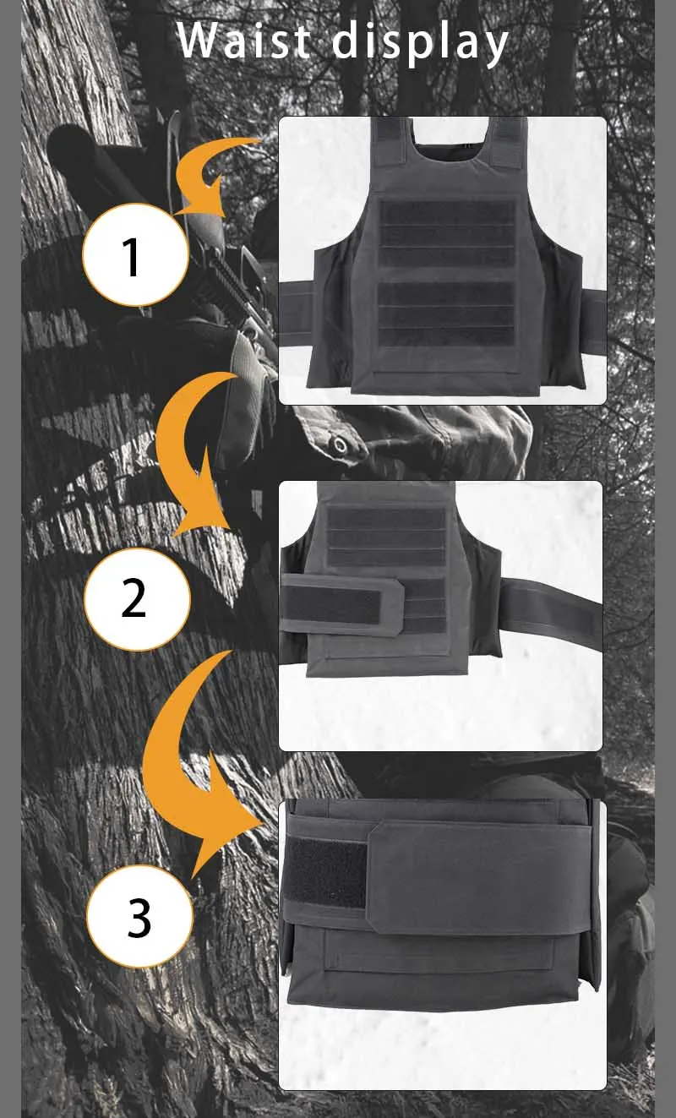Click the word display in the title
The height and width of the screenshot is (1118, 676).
pyautogui.click(x=420, y=43)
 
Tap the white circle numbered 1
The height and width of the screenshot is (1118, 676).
pyautogui.click(x=135, y=254)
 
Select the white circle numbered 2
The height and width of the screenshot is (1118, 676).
pyautogui.click(x=137, y=599)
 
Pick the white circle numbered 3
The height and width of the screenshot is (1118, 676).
pyautogui.click(x=139, y=916)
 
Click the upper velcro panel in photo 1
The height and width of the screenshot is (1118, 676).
pyautogui.click(x=447, y=233)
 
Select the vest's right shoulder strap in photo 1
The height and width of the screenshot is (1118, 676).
pyautogui.click(x=507, y=141)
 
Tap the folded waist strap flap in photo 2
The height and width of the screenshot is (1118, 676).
pyautogui.click(x=341, y=605)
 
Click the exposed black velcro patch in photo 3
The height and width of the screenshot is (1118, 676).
pyautogui.click(x=325, y=871)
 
